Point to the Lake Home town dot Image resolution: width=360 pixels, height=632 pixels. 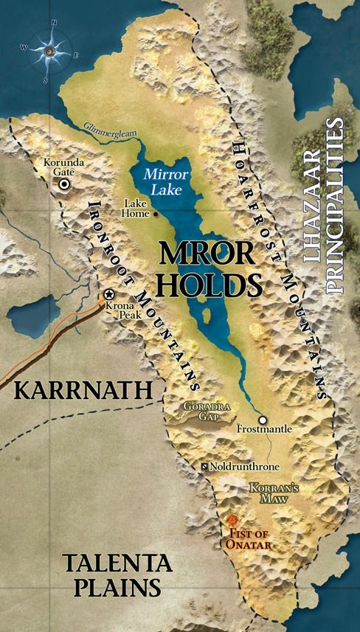(x=156, y=215)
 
